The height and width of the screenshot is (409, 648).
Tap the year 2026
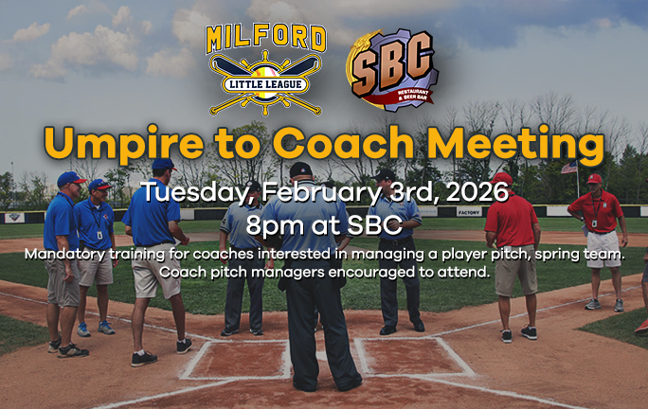pyautogui.click(x=469, y=193)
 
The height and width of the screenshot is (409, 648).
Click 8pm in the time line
pyautogui.click(x=269, y=227)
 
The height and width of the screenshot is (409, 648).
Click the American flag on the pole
pyautogui.click(x=568, y=167)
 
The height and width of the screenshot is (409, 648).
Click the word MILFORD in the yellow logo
pyautogui.click(x=265, y=40)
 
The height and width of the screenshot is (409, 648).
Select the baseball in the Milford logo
pyautogui.click(x=266, y=73)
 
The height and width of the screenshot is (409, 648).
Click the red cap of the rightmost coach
pyautogui.click(x=594, y=178)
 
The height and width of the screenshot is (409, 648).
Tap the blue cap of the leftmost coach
pyautogui.click(x=70, y=178)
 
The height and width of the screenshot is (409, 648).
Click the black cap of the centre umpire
pyautogui.click(x=300, y=169)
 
